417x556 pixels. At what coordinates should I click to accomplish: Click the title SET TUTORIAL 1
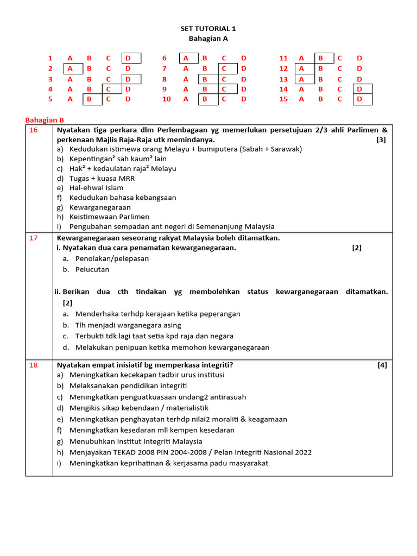[208, 29]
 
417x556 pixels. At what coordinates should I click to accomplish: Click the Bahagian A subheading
[208, 39]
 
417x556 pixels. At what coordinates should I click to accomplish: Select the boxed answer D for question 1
[129, 58]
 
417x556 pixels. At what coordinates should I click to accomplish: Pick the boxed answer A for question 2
[70, 68]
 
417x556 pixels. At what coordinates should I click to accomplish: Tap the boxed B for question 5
[89, 99]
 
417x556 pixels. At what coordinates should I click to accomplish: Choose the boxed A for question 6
[186, 58]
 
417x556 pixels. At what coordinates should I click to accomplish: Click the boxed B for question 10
[205, 99]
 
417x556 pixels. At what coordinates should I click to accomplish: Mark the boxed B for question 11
[320, 58]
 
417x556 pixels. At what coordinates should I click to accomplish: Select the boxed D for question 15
[359, 99]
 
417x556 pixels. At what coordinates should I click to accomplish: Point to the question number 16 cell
[34, 130]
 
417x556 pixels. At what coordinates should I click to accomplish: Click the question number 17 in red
[34, 238]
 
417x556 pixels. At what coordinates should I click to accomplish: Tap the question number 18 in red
[34, 365]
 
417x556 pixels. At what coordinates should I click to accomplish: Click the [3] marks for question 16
[381, 140]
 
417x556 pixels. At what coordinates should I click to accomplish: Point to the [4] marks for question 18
[382, 365]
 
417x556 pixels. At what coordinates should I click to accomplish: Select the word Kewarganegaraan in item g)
[100, 207]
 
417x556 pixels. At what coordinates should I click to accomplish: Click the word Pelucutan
[92, 269]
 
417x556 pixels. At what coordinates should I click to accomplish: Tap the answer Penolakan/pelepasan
[112, 258]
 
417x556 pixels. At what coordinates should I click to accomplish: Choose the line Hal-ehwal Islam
[96, 188]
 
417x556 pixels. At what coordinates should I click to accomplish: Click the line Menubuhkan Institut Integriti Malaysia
[136, 441]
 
